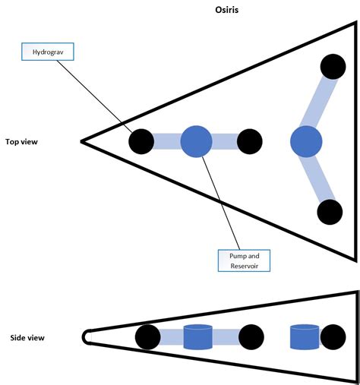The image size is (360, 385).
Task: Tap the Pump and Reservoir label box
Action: coord(244,260)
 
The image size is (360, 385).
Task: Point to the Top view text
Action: coord(23,141)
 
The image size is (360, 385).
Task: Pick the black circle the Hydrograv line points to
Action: coord(141,141)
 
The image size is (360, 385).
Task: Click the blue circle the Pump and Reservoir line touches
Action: coord(196,141)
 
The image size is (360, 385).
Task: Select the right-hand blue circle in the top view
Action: coord(306,141)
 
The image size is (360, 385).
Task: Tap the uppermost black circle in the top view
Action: coord(331,68)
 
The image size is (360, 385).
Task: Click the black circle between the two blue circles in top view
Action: coord(249,141)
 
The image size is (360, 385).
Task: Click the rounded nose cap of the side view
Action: coord(87,336)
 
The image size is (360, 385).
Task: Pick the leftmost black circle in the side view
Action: coord(147,336)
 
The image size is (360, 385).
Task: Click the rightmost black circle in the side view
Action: coord(333,336)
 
